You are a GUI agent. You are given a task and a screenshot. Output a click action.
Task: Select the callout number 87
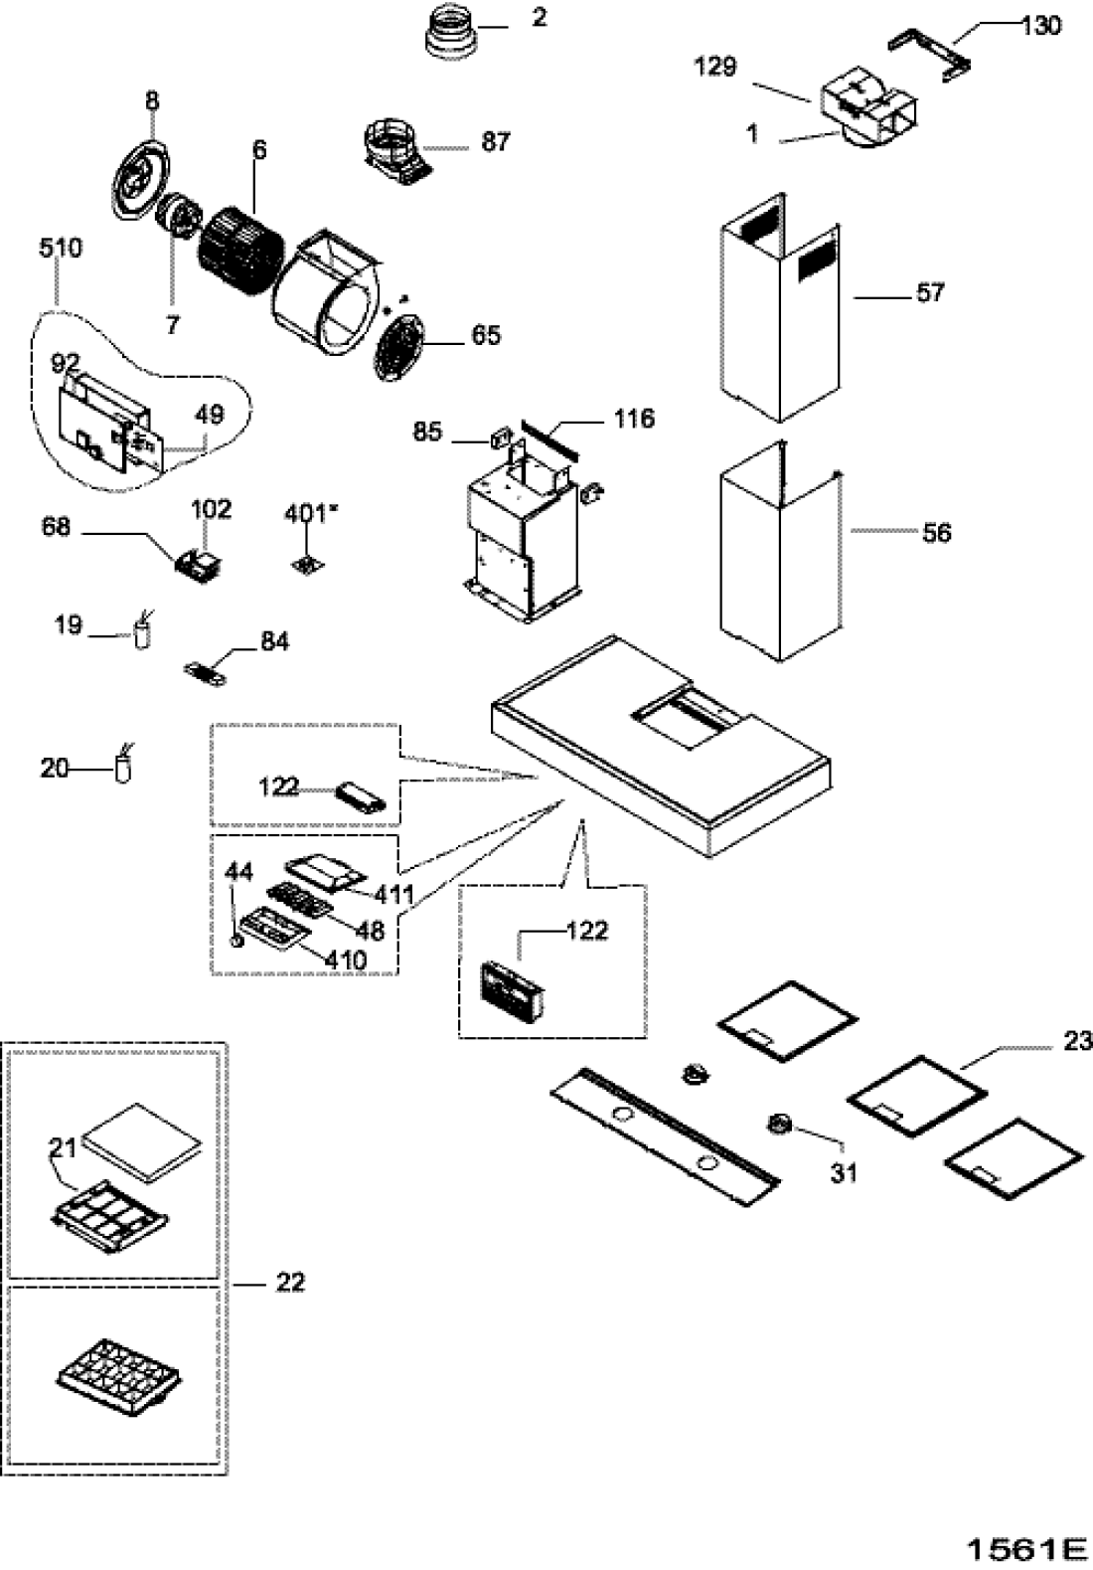496,141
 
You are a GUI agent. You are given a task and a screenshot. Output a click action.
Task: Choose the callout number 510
61,249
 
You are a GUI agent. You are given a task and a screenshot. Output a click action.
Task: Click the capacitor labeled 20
123,765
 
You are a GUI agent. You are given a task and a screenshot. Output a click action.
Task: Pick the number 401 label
306,514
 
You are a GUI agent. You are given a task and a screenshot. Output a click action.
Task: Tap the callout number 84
274,641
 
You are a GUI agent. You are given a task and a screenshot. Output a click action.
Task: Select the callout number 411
393,894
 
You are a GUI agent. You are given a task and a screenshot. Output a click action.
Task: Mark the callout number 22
290,1282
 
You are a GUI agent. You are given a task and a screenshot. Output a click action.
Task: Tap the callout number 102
211,509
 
